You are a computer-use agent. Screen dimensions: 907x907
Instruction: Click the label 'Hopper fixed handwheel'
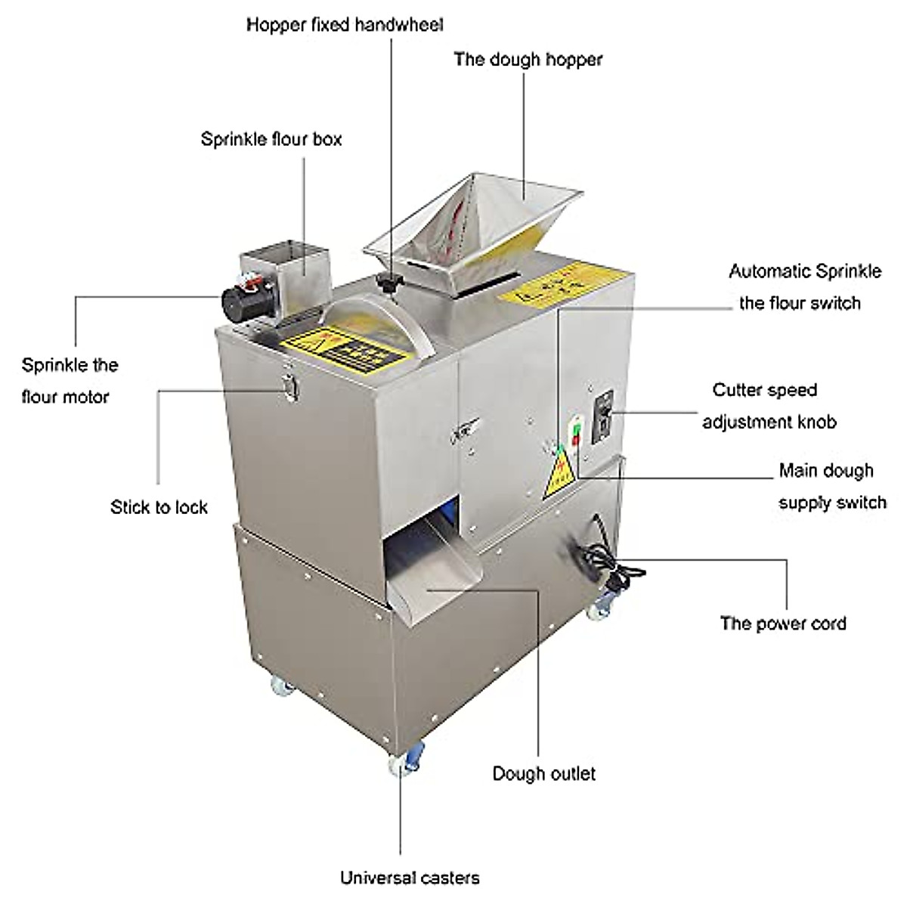[345, 24]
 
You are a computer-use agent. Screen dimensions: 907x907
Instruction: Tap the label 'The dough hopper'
[528, 59]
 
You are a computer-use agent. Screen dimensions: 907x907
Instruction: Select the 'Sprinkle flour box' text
[271, 139]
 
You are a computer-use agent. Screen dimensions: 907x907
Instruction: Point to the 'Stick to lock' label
[159, 506]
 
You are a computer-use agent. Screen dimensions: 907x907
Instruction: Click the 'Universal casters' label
[409, 878]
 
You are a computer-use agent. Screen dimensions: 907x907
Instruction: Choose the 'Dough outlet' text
[543, 773]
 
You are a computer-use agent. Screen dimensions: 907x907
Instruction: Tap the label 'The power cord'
[783, 624]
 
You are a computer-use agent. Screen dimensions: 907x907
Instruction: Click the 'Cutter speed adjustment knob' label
[769, 406]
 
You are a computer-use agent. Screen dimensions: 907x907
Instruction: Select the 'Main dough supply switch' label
[831, 486]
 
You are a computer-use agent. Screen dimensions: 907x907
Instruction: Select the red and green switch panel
[574, 438]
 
